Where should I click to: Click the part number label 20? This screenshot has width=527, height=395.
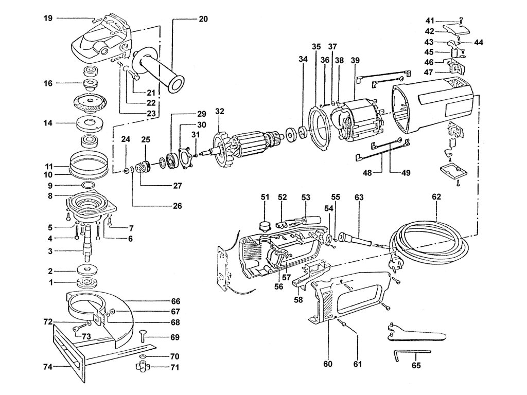tap(203, 19)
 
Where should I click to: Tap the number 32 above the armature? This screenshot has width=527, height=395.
tap(220, 112)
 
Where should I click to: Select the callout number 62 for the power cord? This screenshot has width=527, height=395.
tap(436, 197)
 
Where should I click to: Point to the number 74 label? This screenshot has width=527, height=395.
tap(48, 367)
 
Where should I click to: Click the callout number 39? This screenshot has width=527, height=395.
tap(355, 60)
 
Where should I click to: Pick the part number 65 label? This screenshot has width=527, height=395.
tap(416, 365)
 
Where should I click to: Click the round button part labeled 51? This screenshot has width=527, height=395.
tap(265, 224)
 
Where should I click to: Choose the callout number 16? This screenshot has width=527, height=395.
tap(48, 83)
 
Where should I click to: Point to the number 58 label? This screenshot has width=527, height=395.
tap(298, 300)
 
